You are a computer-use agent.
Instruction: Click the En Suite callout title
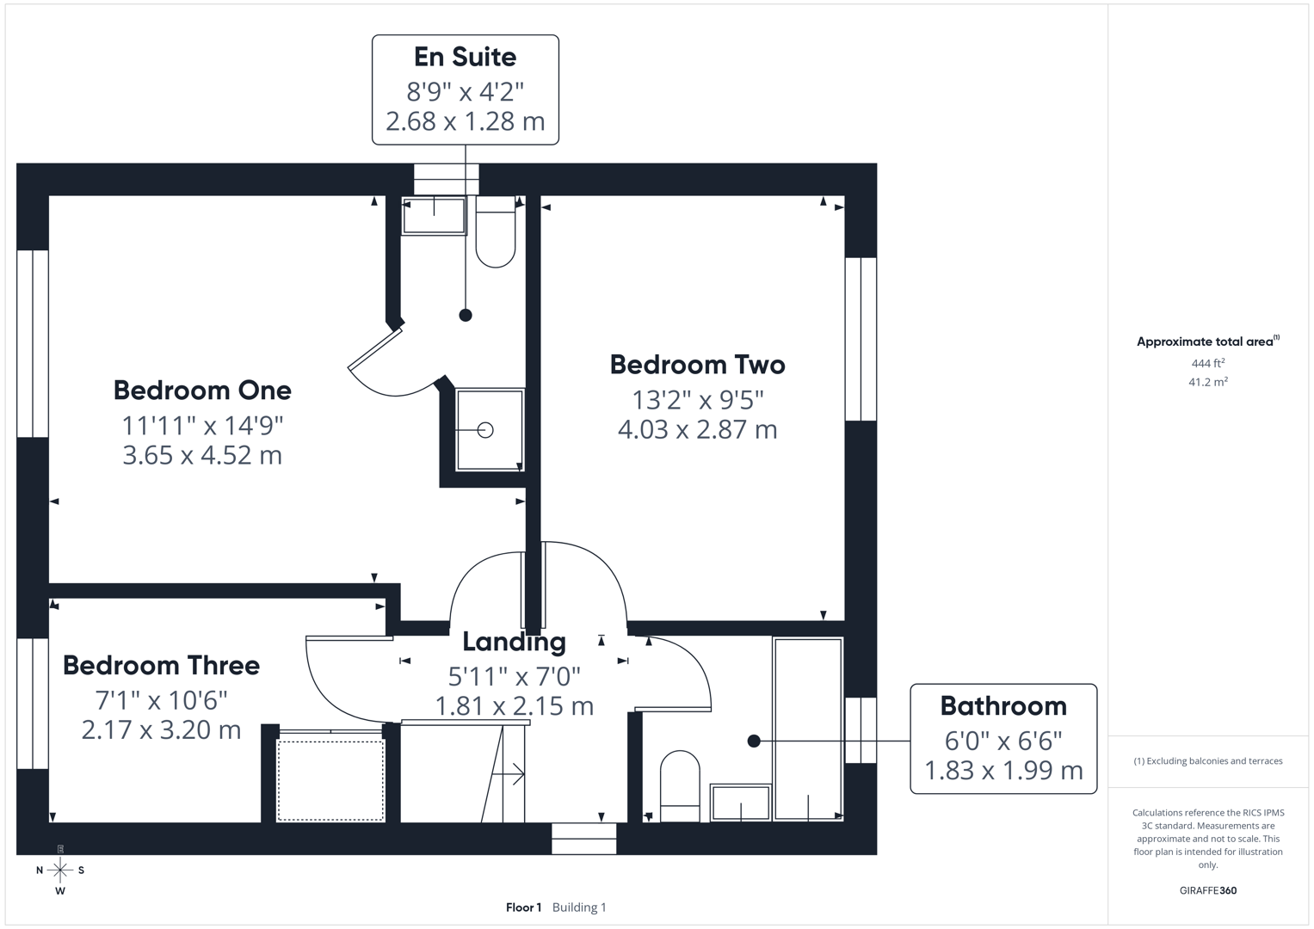pyautogui.click(x=465, y=57)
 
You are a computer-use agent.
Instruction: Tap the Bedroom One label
pyautogui.click(x=202, y=390)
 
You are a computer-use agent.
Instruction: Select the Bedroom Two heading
pyautogui.click(x=697, y=365)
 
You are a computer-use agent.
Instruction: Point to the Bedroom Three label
pyautogui.click(x=161, y=665)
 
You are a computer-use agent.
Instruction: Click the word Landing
pyautogui.click(x=514, y=642)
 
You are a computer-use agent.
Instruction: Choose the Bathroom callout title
pyautogui.click(x=1003, y=706)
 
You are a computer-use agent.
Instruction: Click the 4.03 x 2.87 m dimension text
pyautogui.click(x=697, y=429)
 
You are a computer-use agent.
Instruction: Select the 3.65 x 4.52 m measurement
pyautogui.click(x=202, y=455)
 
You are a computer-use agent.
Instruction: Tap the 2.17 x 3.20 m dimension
pyautogui.click(x=161, y=730)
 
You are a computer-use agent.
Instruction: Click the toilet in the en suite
pyautogui.click(x=496, y=234)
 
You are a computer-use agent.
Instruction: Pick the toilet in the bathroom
pyautogui.click(x=679, y=784)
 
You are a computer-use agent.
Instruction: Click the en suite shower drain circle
pyautogui.click(x=485, y=430)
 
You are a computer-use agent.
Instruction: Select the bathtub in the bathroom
pyautogui.click(x=807, y=729)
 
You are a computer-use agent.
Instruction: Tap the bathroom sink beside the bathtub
pyautogui.click(x=740, y=802)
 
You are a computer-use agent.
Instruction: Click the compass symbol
pyautogui.click(x=60, y=871)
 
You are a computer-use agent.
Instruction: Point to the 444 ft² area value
pyautogui.click(x=1207, y=364)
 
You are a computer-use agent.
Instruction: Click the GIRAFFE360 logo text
pyautogui.click(x=1207, y=890)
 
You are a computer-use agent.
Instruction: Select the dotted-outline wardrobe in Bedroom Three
pyautogui.click(x=330, y=780)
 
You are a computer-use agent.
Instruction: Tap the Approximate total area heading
pyautogui.click(x=1206, y=341)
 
